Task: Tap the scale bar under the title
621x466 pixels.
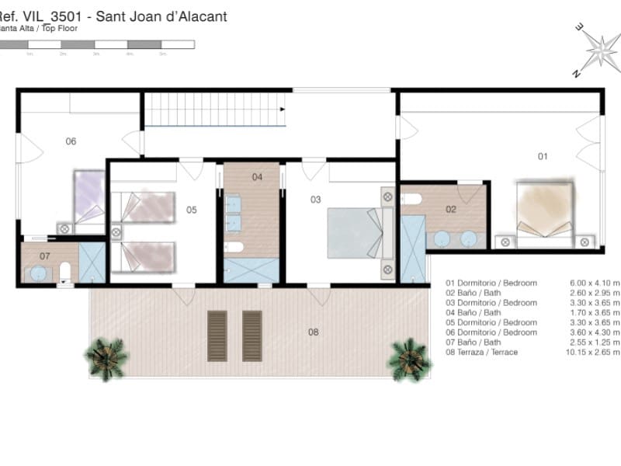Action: (97, 45)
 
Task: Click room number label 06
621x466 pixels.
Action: (71, 141)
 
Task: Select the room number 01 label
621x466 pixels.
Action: (543, 156)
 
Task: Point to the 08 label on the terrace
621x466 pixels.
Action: (314, 332)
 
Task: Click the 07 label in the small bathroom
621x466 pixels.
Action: (44, 256)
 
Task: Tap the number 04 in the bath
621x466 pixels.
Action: (257, 177)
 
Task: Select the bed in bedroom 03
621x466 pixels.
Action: (355, 232)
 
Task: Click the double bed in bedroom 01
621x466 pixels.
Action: (545, 210)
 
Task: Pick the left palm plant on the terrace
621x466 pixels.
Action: (106, 358)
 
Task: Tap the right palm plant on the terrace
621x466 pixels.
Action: (409, 358)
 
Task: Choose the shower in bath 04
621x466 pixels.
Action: (251, 270)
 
